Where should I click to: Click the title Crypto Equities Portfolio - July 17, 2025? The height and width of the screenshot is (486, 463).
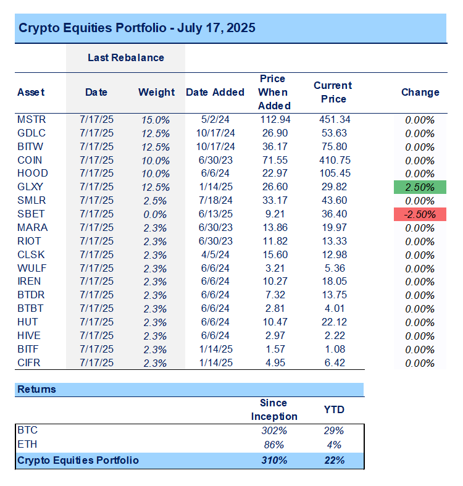(136, 28)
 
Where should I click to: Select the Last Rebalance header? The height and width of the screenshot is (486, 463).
(125, 57)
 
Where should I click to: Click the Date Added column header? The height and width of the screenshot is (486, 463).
(215, 92)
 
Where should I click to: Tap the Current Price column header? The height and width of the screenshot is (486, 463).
(332, 92)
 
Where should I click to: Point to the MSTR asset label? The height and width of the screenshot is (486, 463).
(31, 120)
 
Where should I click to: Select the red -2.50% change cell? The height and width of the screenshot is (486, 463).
(420, 215)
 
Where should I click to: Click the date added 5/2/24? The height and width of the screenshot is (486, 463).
(215, 120)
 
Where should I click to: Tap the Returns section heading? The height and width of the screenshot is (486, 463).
(36, 390)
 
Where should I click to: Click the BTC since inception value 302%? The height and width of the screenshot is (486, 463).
(274, 430)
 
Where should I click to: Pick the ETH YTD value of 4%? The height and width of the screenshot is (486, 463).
(335, 445)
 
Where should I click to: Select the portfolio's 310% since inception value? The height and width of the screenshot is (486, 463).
(274, 460)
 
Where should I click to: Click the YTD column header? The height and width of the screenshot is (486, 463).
(335, 409)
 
